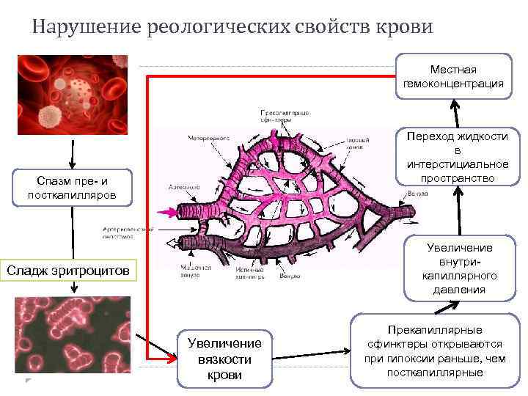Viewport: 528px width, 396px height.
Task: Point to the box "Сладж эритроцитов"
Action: pos(68,271)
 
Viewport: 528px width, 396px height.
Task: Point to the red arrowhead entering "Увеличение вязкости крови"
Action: pos(171,359)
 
